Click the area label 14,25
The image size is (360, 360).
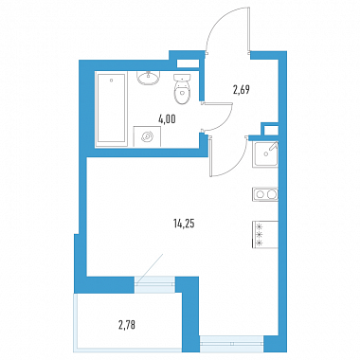tap(184, 225)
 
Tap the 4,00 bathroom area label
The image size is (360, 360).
tap(167, 119)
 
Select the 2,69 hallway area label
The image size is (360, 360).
tap(242, 90)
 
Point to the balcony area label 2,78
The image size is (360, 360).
tap(127, 325)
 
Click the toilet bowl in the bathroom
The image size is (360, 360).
tap(183, 93)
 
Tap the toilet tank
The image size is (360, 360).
tap(182, 78)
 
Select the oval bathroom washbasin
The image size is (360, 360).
tap(149, 79)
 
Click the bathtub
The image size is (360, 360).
tap(112, 109)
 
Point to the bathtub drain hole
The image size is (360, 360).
tap(112, 81)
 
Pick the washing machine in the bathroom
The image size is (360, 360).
tap(147, 136)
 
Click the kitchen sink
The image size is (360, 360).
tap(265, 154)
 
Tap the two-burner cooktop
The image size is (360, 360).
tap(265, 194)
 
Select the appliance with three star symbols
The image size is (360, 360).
tap(265, 235)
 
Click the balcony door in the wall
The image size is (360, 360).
tap(154, 281)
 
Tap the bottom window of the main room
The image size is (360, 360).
tap(231, 344)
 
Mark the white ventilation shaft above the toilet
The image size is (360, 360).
tap(188, 63)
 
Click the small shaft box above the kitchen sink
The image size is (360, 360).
tap(271, 130)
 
